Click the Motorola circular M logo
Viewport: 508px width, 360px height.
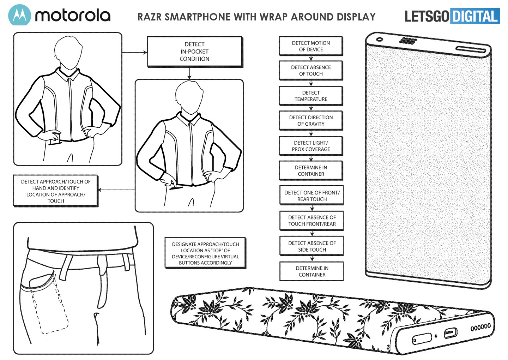coord(19,15)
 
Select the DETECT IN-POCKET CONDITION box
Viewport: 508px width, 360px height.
coord(194,52)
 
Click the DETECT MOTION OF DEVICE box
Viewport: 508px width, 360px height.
coord(311,46)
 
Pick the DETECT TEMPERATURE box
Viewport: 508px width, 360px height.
coord(311,96)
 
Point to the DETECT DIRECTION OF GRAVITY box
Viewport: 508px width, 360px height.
coord(311,120)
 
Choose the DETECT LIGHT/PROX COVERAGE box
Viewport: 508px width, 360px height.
coord(311,146)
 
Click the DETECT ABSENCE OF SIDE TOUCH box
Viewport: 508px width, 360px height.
coord(312,246)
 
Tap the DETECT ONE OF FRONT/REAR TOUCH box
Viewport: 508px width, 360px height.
coord(312,196)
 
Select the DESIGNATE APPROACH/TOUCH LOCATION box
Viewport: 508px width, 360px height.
coord(205,253)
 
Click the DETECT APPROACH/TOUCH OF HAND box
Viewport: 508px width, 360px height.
coord(56,191)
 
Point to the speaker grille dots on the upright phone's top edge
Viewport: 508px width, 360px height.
coord(408,41)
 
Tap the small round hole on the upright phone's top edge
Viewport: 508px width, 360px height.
coord(380,39)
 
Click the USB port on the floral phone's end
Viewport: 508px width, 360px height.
coord(450,332)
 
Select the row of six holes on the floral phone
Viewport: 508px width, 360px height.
coord(480,327)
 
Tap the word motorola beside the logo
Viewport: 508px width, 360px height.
coord(73,16)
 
